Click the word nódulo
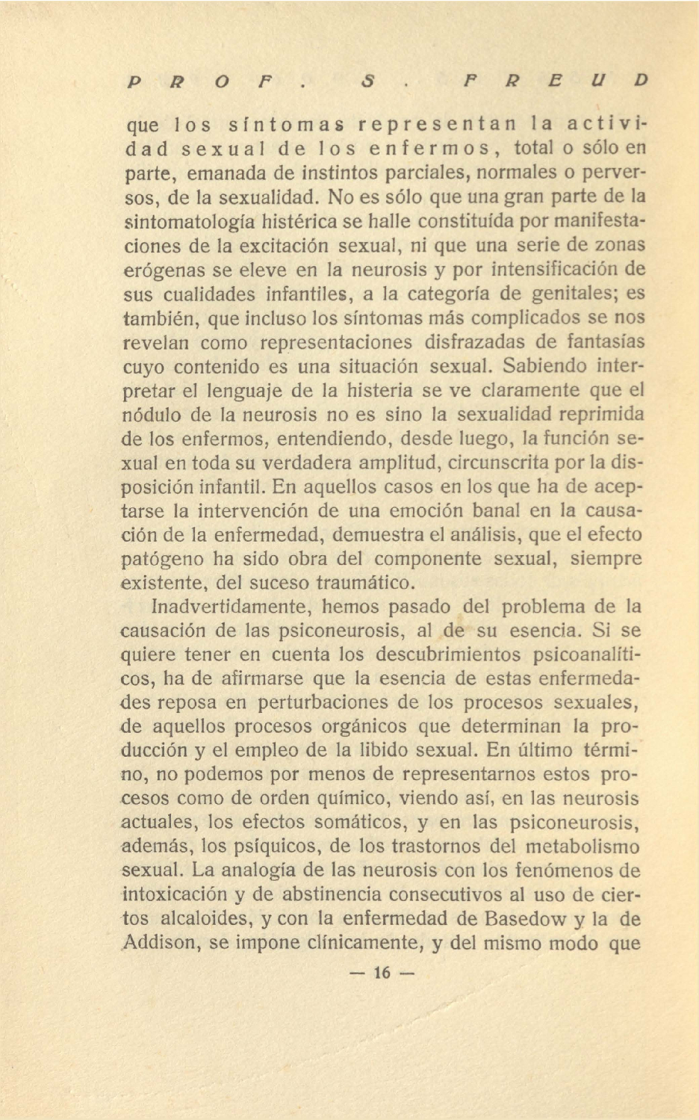(150, 414)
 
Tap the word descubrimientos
(447, 654)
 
